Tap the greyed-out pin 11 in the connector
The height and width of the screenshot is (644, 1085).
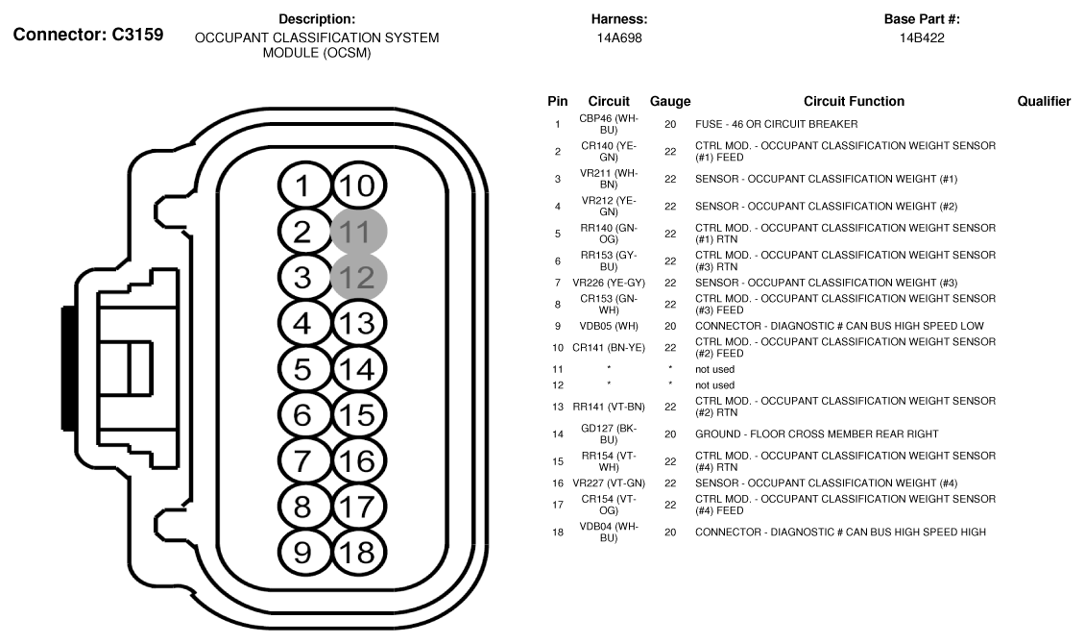pos(358,232)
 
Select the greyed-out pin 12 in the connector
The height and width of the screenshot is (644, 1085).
pos(358,277)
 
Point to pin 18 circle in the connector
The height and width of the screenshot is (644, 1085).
pos(358,551)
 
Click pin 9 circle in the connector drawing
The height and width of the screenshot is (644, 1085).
pos(303,551)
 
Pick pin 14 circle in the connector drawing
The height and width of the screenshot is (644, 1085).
pos(358,368)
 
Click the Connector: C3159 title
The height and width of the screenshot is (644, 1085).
pos(87,35)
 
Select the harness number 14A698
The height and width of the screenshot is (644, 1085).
pos(619,37)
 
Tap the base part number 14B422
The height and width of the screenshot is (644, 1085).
pos(922,37)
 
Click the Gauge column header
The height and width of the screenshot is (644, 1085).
pos(670,101)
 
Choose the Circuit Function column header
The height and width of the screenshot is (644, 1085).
pos(854,101)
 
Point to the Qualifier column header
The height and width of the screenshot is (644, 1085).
pos(1044,101)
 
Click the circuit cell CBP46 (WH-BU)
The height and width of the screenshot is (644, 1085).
pos(609,123)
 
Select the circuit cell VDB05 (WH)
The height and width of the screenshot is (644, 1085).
pos(609,326)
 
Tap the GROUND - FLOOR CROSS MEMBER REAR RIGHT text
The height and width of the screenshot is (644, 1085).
pos(817,433)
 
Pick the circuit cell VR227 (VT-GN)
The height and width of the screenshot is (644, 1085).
pos(609,483)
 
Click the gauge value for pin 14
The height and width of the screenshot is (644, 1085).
pos(670,433)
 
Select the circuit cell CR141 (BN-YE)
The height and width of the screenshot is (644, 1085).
pos(609,347)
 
